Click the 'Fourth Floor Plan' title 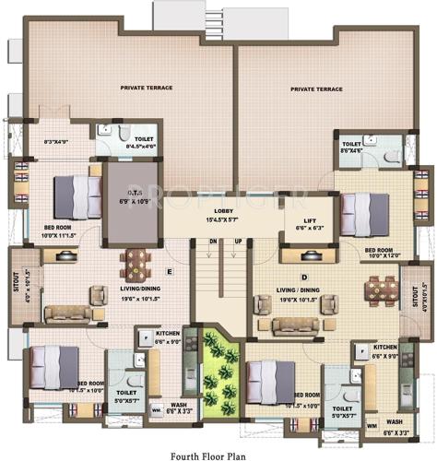coord(218,453)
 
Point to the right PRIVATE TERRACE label coord(316,89)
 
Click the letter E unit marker coord(170,271)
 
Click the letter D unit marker coord(304,277)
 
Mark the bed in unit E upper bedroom coord(76,195)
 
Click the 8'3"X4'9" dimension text coord(44,141)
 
